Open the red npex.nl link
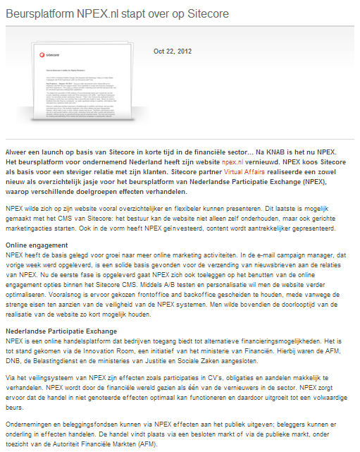(x=232, y=161)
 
